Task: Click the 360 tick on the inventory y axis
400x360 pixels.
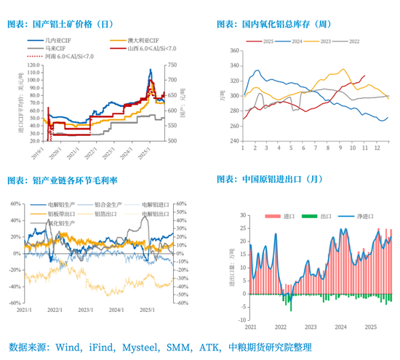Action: [234, 50]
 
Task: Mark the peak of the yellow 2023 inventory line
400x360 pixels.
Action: [343, 70]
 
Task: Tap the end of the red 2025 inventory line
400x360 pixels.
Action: [364, 76]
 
